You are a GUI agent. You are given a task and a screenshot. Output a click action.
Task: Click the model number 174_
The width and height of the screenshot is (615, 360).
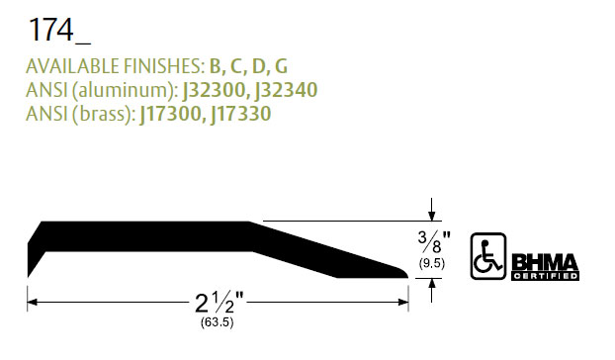click(x=59, y=30)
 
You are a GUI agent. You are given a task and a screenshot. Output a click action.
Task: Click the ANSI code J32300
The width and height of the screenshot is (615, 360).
click(x=214, y=90)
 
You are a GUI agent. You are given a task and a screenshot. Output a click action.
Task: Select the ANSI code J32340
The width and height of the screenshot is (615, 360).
click(x=286, y=90)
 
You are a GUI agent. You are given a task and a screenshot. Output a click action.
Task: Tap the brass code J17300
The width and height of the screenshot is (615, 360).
click(x=171, y=114)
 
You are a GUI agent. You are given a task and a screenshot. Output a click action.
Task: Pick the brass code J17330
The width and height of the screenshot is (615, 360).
click(x=240, y=114)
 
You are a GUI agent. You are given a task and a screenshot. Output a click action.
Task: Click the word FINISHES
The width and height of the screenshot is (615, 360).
click(x=164, y=66)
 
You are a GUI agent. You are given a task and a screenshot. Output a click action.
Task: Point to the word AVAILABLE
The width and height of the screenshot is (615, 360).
click(x=72, y=66)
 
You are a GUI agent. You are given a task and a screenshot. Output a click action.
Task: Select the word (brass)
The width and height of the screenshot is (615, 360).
click(x=104, y=115)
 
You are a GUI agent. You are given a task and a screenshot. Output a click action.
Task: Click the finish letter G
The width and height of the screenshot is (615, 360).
click(x=281, y=66)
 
